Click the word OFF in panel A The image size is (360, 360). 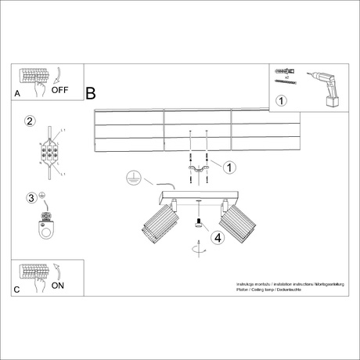click(x=60, y=90)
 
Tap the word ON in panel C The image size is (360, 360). click(x=58, y=286)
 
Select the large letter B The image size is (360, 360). click(x=90, y=94)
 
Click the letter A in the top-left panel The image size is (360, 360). click(x=17, y=93)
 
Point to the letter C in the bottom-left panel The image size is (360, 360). click(x=17, y=289)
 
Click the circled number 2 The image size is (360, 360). click(x=31, y=121)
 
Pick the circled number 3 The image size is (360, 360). click(x=32, y=197)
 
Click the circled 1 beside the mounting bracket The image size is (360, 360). click(x=229, y=167)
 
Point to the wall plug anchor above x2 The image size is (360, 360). click(x=283, y=71)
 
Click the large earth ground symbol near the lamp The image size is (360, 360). click(x=134, y=178)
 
